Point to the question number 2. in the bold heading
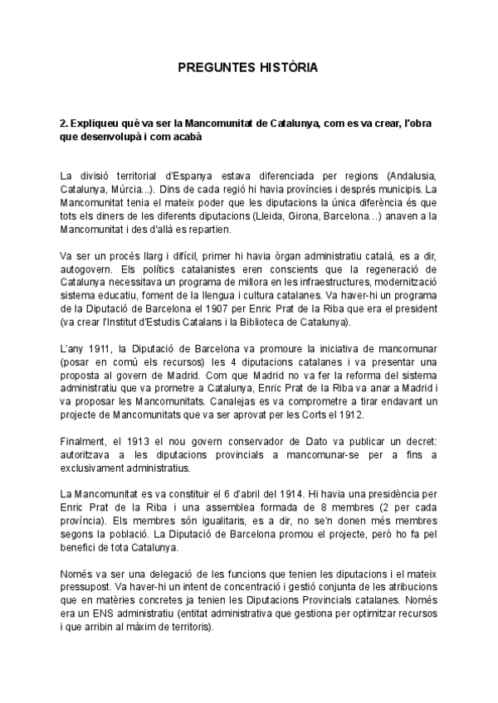coord(64,123)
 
